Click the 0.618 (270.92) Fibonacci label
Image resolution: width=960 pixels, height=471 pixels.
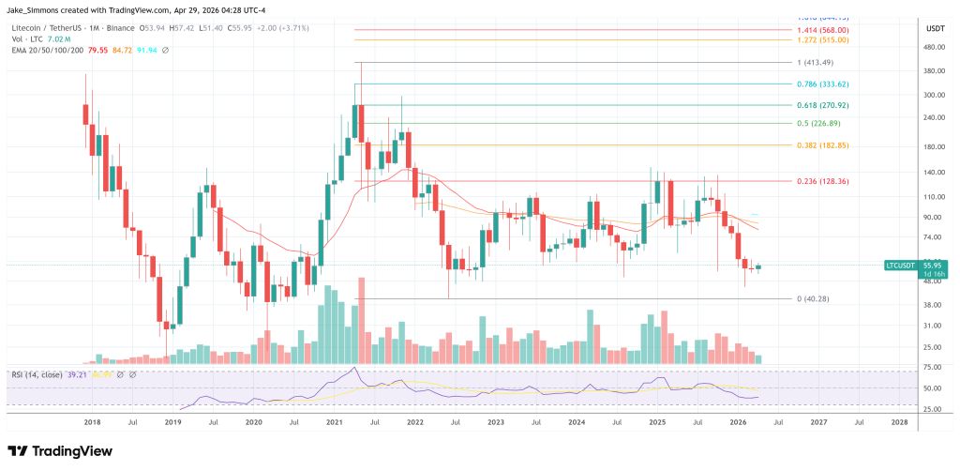pyautogui.click(x=817, y=106)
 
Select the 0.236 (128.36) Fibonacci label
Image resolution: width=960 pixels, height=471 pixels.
pyautogui.click(x=817, y=181)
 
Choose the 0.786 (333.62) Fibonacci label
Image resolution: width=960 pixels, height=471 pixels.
pyautogui.click(x=817, y=84)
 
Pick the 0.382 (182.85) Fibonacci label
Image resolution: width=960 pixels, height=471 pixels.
pyautogui.click(x=817, y=145)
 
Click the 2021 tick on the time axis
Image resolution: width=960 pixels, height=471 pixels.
pyautogui.click(x=334, y=423)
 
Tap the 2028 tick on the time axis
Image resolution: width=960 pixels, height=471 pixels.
pyautogui.click(x=899, y=423)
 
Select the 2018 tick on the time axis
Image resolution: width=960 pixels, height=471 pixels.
pyautogui.click(x=92, y=423)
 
